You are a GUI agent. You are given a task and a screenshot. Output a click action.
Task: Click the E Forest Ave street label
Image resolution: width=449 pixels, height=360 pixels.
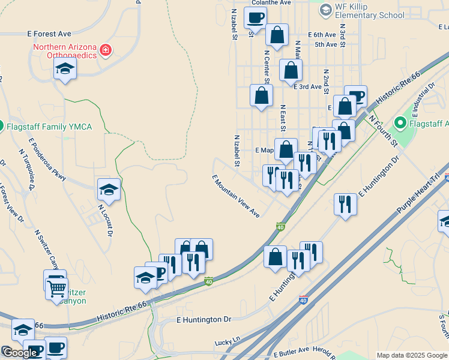point(49,34)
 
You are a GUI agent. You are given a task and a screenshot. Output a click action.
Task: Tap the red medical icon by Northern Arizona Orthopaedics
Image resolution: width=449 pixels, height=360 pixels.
point(106,49)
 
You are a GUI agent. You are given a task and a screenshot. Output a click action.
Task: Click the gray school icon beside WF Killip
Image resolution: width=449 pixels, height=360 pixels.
point(325,10)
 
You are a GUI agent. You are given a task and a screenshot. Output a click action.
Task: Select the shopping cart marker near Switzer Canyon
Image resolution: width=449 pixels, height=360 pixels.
point(57,288)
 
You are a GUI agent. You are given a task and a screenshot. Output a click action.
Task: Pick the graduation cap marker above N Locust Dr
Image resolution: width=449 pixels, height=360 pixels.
point(109,189)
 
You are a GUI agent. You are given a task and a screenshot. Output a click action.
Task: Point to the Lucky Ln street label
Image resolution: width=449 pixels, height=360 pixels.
point(228,341)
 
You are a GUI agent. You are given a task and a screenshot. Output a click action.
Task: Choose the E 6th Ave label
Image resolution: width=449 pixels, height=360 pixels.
point(322,35)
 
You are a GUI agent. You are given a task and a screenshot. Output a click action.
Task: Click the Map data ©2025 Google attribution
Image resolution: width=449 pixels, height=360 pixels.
point(412,355)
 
